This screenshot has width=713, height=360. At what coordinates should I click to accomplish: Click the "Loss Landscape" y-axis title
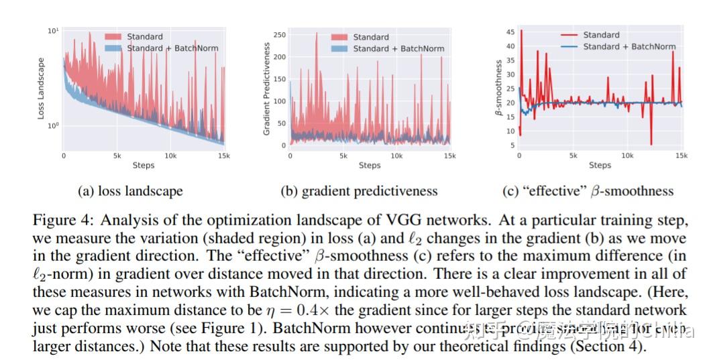(41, 88)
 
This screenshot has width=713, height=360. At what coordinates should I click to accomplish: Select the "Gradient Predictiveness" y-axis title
(266, 89)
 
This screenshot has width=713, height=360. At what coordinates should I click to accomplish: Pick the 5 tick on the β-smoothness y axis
(512, 145)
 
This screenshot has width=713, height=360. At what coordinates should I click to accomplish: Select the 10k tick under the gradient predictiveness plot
(397, 156)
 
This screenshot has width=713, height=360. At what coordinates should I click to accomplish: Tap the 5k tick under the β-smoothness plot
(573, 156)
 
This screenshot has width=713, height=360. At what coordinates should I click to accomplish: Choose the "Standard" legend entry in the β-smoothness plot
(601, 35)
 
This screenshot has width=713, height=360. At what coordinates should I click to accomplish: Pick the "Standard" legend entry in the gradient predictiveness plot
(371, 37)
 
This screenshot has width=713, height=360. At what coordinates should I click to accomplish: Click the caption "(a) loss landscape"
(130, 191)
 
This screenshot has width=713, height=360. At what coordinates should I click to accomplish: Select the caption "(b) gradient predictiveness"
(359, 191)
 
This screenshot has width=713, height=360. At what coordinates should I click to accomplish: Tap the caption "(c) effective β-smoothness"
(588, 191)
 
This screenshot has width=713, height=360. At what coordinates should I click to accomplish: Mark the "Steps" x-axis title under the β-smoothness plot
(600, 165)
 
